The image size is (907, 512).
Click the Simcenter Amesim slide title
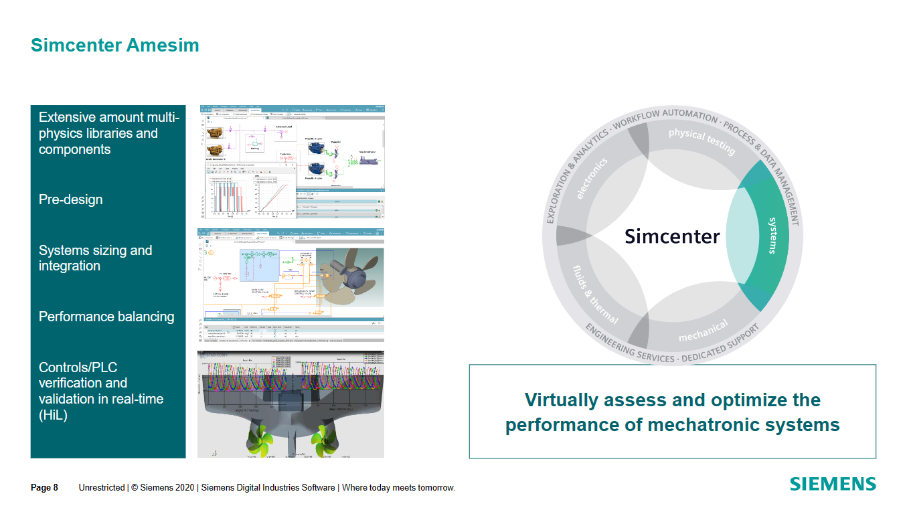pos(114,46)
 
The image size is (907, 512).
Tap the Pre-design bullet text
pos(70,199)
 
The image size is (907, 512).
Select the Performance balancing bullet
pos(106,317)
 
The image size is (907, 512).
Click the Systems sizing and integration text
pos(95,258)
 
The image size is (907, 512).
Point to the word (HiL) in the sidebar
pos(53,415)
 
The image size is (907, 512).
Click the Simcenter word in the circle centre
pos(671,236)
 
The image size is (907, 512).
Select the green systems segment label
pos(772,236)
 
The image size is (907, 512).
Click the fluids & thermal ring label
pos(595,294)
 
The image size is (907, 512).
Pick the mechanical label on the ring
pos(703,331)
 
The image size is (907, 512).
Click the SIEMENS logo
pos(832,485)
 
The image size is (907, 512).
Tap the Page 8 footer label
pos(44,488)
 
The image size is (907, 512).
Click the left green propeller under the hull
pos(263,438)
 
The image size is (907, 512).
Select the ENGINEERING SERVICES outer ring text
pos(629,347)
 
